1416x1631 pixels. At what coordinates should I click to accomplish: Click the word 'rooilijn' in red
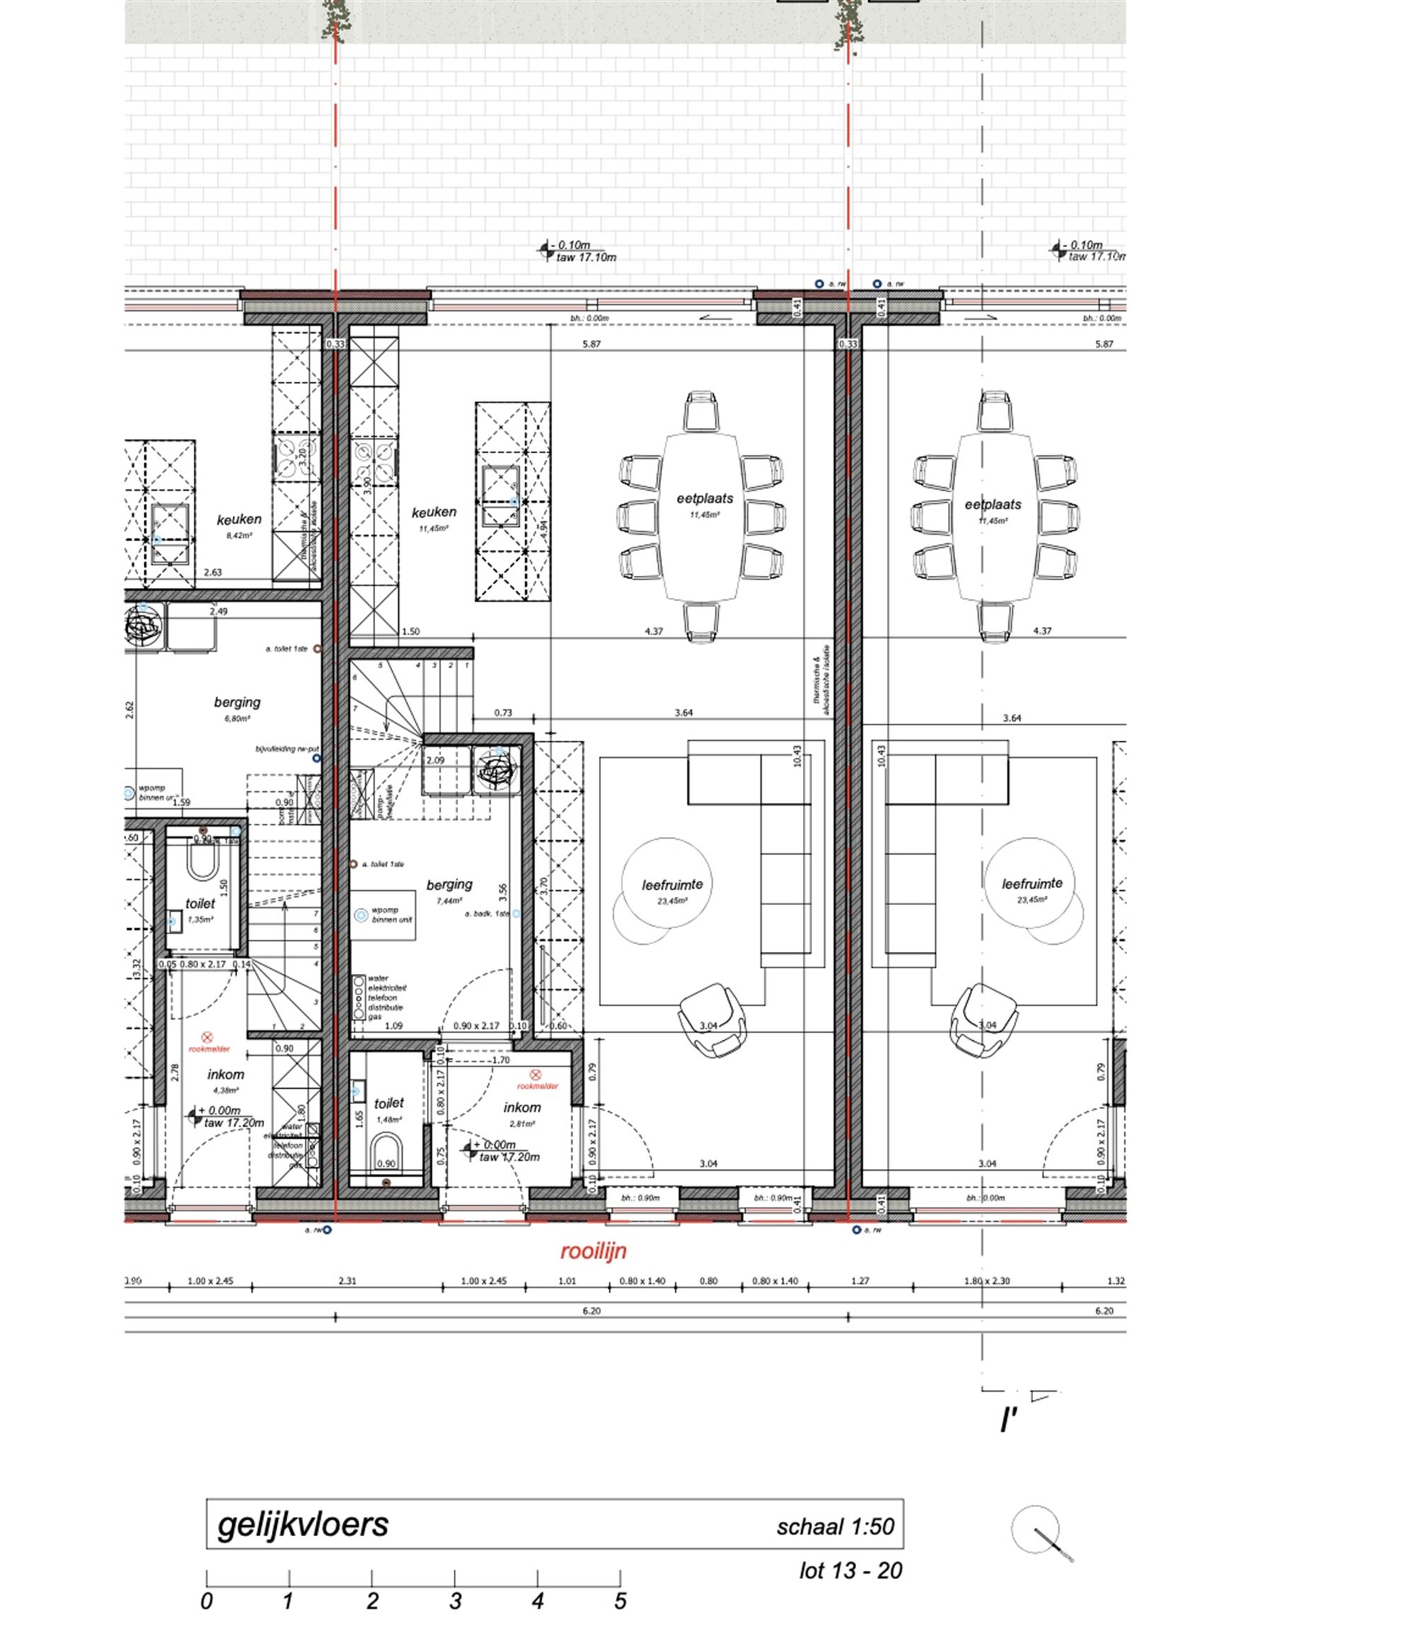coord(593,1251)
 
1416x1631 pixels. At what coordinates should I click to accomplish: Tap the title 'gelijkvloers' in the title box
coord(304,1524)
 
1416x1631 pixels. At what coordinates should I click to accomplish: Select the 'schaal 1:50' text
coord(835,1527)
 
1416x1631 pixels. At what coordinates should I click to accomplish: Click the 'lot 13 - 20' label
coord(850,1570)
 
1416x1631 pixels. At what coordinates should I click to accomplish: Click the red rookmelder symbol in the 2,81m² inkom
coord(535,1074)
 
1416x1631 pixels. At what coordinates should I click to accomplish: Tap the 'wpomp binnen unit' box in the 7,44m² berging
coord(382,915)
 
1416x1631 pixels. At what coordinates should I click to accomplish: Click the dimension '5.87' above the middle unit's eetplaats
coord(591,344)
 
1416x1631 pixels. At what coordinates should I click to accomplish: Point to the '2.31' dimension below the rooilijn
coord(347,1281)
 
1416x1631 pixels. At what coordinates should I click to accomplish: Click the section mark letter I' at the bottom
coord(1007,1421)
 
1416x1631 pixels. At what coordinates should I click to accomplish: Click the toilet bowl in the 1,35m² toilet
coord(203,866)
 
